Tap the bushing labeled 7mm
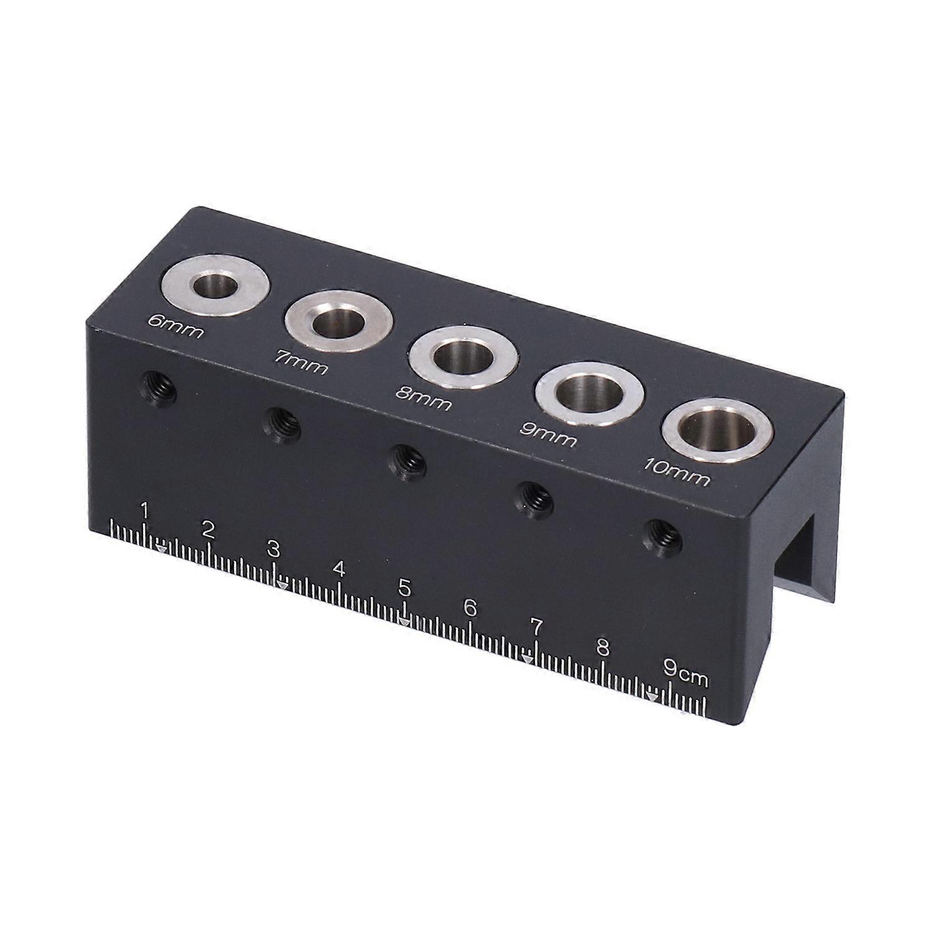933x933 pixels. point(339,322)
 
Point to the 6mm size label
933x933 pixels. point(175,327)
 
